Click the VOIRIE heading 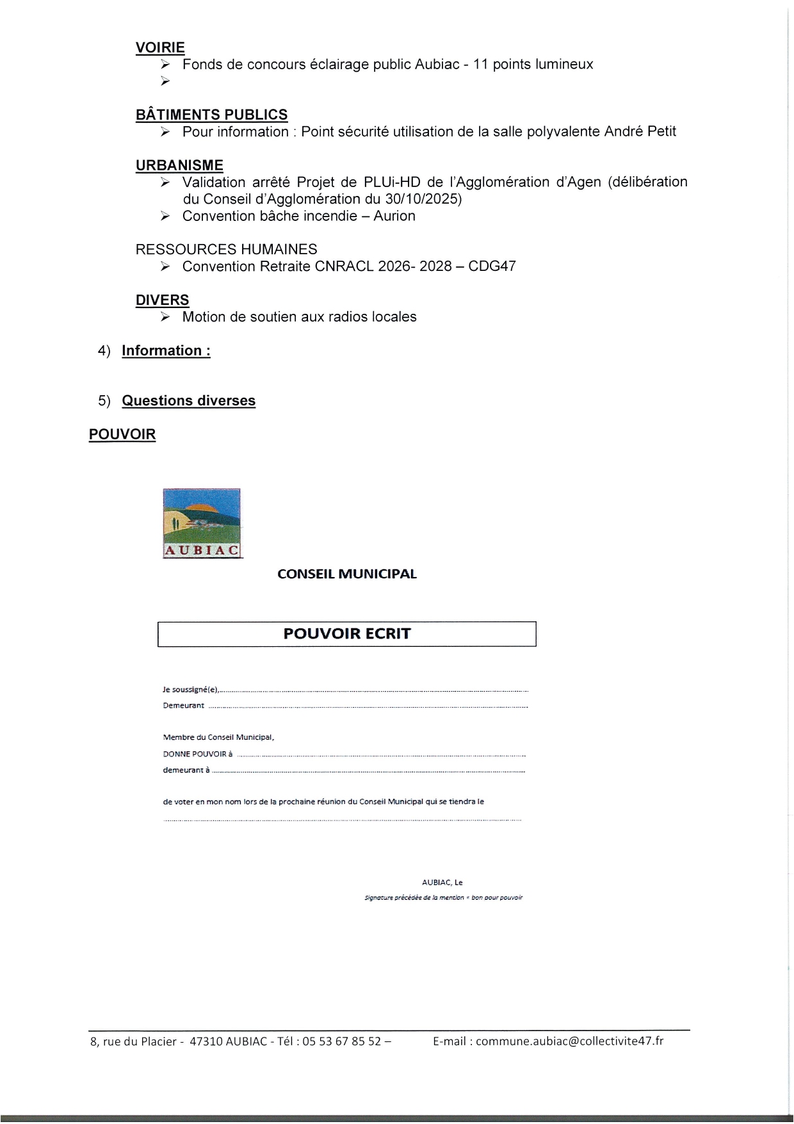(160, 47)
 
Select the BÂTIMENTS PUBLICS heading (211, 115)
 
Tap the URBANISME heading (179, 165)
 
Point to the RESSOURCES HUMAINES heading (226, 249)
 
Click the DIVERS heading (162, 300)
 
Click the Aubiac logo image (202, 523)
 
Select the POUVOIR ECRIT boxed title (346, 634)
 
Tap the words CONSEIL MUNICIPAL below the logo (346, 574)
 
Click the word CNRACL (344, 266)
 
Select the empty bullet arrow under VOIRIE (165, 81)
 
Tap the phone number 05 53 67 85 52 (341, 1041)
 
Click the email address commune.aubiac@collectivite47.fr (569, 1041)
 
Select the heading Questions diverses (188, 401)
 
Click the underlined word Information (161, 351)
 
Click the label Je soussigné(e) (191, 690)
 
